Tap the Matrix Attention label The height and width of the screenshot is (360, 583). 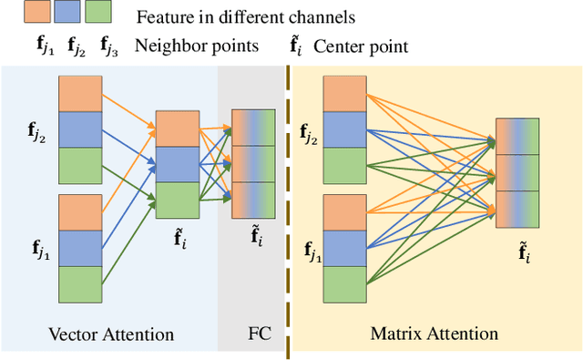click(x=435, y=334)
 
